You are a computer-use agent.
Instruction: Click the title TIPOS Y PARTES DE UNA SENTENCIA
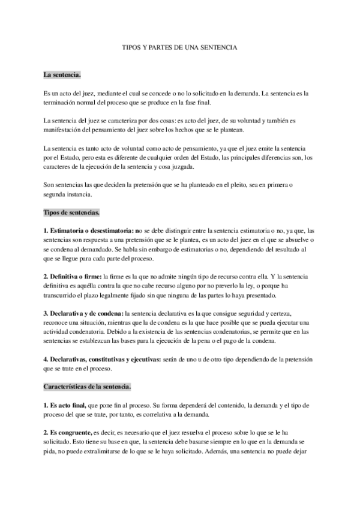pos(179,46)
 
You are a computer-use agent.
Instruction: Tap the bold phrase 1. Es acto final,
pos(65,406)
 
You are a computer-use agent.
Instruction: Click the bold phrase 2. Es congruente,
pos(67,433)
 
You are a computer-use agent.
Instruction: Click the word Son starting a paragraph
pos(49,184)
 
